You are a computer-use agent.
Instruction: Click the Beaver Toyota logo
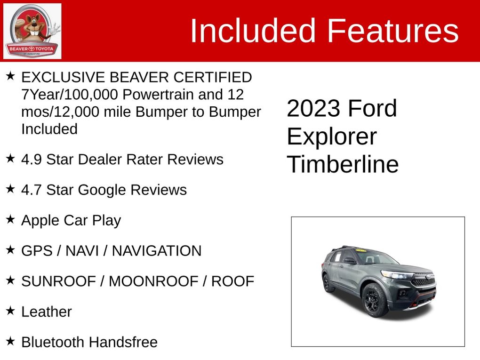click(32, 31)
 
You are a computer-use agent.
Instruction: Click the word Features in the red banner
click(393, 31)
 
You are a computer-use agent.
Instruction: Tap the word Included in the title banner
click(253, 31)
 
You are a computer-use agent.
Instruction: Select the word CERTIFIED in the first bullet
click(212, 77)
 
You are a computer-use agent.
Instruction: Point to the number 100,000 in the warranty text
click(91, 95)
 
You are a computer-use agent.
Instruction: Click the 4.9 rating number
click(32, 160)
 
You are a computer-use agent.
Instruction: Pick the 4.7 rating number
click(32, 190)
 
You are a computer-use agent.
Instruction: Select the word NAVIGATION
click(157, 251)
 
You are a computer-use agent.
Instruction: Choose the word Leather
click(47, 312)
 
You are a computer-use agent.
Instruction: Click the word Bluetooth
click(53, 342)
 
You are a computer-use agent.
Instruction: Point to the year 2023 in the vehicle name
click(313, 108)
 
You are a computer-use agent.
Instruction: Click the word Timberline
click(343, 164)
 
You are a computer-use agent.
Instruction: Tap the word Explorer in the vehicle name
click(332, 136)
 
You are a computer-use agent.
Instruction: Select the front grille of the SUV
click(423, 280)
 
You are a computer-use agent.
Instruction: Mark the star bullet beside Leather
click(10, 310)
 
